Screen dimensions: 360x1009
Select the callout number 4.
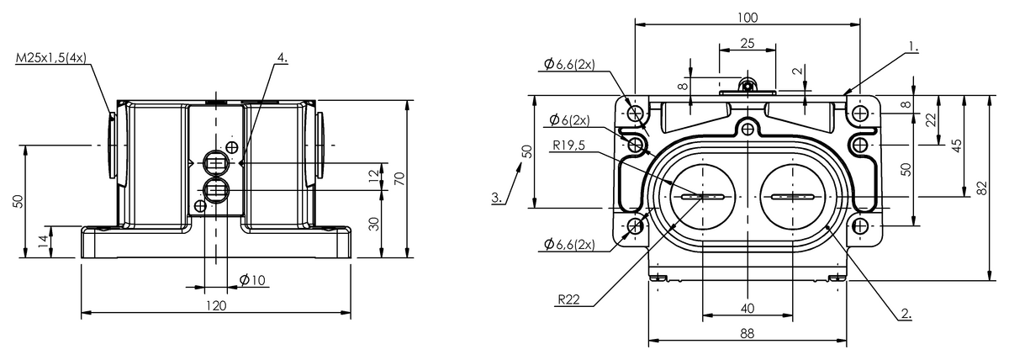[283, 58]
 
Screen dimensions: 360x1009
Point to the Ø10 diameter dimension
[251, 279]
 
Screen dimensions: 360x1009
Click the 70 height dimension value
[399, 178]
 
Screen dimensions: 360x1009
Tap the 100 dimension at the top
[747, 18]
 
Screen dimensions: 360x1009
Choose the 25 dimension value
[747, 42]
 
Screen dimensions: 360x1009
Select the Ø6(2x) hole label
[568, 119]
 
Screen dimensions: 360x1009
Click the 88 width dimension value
[747, 333]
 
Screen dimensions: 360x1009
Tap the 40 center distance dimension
[747, 307]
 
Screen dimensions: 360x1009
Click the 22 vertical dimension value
[932, 119]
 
